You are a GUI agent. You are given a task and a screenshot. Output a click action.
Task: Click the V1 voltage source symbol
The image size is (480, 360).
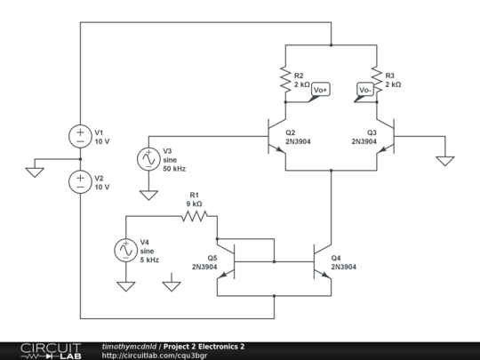pyautogui.click(x=80, y=136)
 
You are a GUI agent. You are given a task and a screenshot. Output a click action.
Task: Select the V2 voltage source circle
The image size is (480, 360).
pyautogui.click(x=80, y=182)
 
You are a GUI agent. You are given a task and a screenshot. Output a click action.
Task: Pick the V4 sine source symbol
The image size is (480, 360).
pyautogui.click(x=125, y=251)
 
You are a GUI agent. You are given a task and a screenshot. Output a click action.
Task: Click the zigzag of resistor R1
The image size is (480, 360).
pyautogui.click(x=195, y=215)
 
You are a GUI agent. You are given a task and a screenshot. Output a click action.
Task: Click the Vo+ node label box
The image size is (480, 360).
pyautogui.click(x=320, y=90)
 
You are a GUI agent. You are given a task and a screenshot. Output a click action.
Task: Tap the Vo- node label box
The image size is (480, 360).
pyautogui.click(x=364, y=90)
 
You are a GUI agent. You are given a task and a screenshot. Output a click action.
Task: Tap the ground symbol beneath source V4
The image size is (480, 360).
pyautogui.click(x=125, y=286)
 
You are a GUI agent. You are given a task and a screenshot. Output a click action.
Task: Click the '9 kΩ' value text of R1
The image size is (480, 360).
pyautogui.click(x=194, y=204)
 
